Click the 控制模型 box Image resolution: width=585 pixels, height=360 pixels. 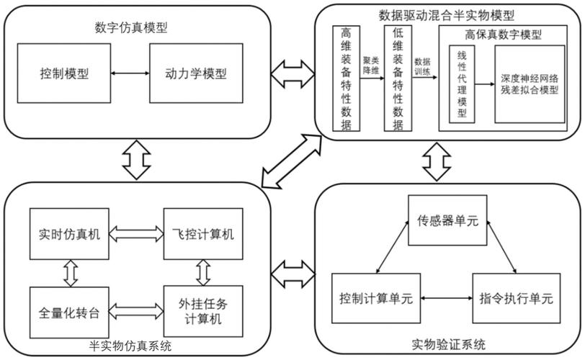[x=61, y=74]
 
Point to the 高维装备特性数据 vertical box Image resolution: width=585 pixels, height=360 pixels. [x=346, y=79]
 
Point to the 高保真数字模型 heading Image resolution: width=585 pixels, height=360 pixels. [x=504, y=35]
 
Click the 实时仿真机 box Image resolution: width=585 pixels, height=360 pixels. [x=70, y=233]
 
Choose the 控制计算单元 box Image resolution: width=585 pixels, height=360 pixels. [x=375, y=298]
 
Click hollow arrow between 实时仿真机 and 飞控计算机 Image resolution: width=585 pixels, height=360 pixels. [x=136, y=233]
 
